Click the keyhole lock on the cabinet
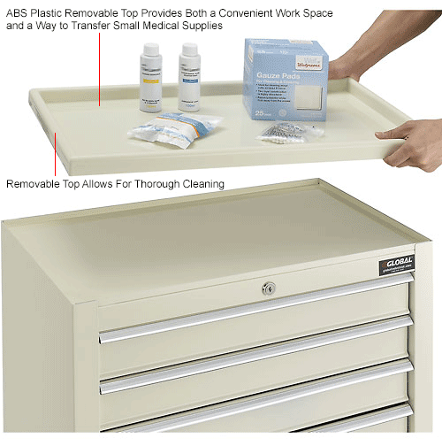[x=270, y=288]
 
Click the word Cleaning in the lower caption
[x=202, y=184]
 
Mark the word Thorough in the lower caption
[x=151, y=184]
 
